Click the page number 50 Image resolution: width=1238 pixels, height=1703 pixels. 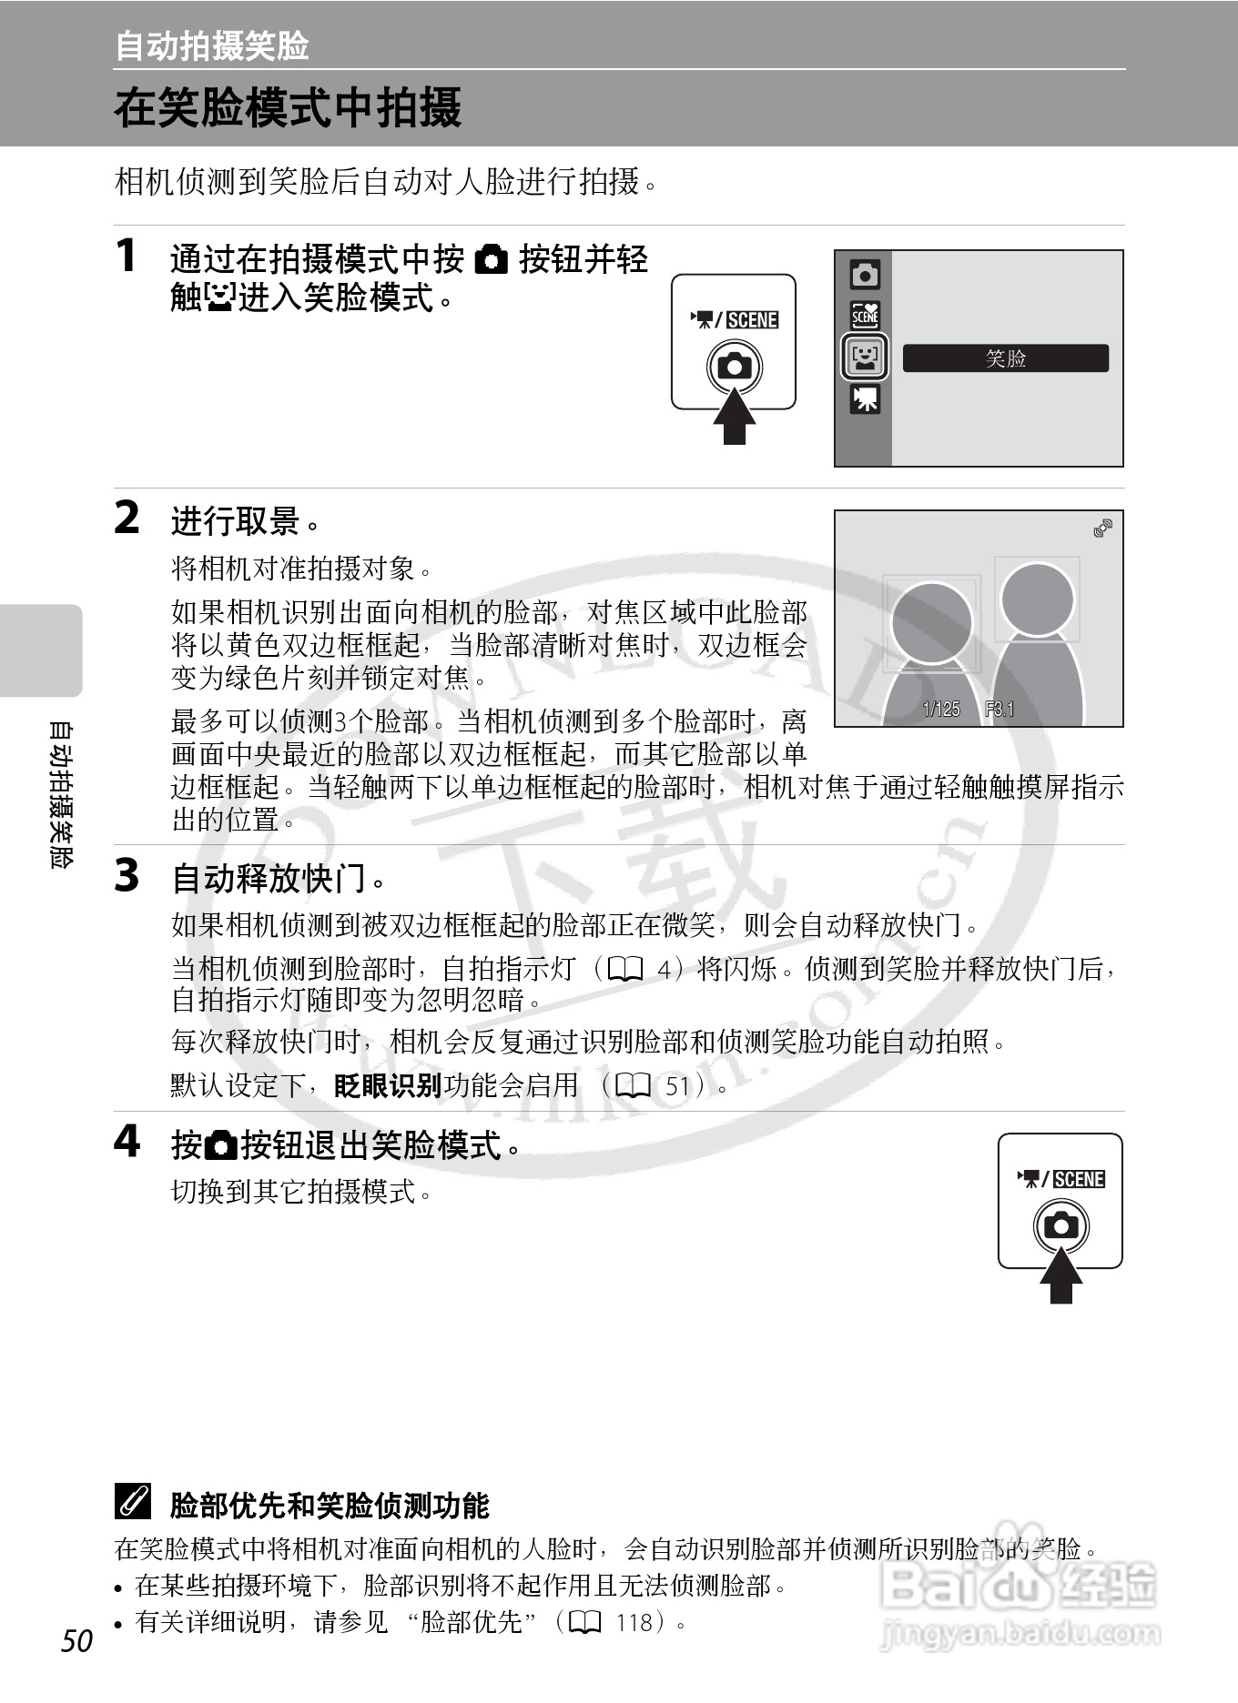[x=77, y=1639]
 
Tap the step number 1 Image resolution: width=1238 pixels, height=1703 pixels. [x=127, y=256]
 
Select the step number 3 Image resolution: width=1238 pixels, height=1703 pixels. [x=127, y=876]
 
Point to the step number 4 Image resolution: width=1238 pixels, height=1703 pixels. [x=127, y=1141]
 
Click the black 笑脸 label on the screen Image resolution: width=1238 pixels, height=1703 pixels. [x=1005, y=358]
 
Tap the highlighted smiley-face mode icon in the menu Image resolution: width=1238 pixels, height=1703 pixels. [x=864, y=357]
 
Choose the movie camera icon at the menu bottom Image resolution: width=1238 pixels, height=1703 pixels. [x=865, y=399]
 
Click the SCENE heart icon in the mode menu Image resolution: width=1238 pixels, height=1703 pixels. [x=865, y=315]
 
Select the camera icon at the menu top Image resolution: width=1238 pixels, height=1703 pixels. [x=865, y=274]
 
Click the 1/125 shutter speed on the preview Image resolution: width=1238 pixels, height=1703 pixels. [x=940, y=710]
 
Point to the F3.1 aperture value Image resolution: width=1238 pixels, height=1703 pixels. [x=1000, y=710]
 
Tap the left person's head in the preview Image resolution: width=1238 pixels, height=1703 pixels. [x=930, y=622]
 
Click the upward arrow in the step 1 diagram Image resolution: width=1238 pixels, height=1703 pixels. [x=734, y=417]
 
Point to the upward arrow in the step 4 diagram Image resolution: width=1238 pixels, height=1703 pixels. [x=1060, y=1275]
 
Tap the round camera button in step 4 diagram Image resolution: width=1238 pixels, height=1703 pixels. [x=1060, y=1225]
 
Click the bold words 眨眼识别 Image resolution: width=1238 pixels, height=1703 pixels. [x=388, y=1085]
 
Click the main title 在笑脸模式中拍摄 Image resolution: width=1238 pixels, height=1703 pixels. [x=288, y=107]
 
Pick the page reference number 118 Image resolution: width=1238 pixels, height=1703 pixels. [x=634, y=1622]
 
